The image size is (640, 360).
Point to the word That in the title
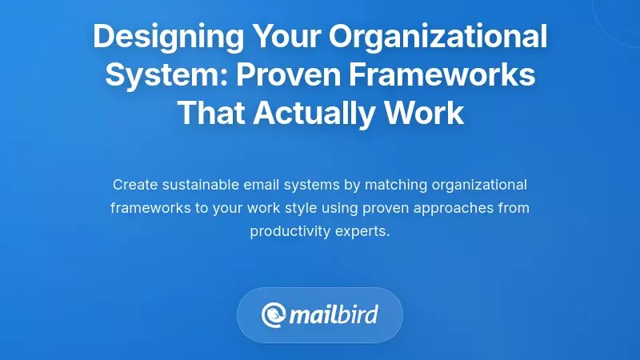(210, 113)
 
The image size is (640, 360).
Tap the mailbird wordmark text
(334, 314)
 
